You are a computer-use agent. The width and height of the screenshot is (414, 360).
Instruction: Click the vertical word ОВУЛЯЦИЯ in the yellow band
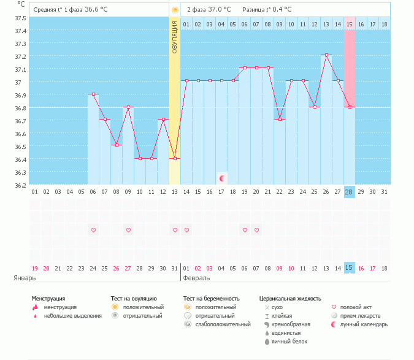click(175, 37)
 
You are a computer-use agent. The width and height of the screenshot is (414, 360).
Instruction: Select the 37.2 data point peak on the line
click(326, 55)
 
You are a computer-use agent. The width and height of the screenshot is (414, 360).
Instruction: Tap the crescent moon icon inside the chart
click(222, 178)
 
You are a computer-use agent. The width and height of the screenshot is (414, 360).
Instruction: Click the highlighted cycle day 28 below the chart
click(350, 192)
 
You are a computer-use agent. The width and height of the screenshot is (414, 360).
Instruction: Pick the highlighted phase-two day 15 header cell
click(350, 25)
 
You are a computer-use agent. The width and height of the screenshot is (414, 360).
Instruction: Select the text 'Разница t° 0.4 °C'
click(267, 10)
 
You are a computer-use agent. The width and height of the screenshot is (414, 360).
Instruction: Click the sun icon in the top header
click(175, 10)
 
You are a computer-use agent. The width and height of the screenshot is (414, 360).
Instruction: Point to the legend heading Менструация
click(48, 299)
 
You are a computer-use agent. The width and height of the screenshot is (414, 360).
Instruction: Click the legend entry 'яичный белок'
click(289, 341)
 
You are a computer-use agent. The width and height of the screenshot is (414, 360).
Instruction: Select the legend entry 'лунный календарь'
click(364, 324)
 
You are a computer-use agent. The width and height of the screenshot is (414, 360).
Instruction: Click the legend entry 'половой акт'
click(356, 307)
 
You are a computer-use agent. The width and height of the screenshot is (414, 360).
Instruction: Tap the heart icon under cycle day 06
click(93, 230)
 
